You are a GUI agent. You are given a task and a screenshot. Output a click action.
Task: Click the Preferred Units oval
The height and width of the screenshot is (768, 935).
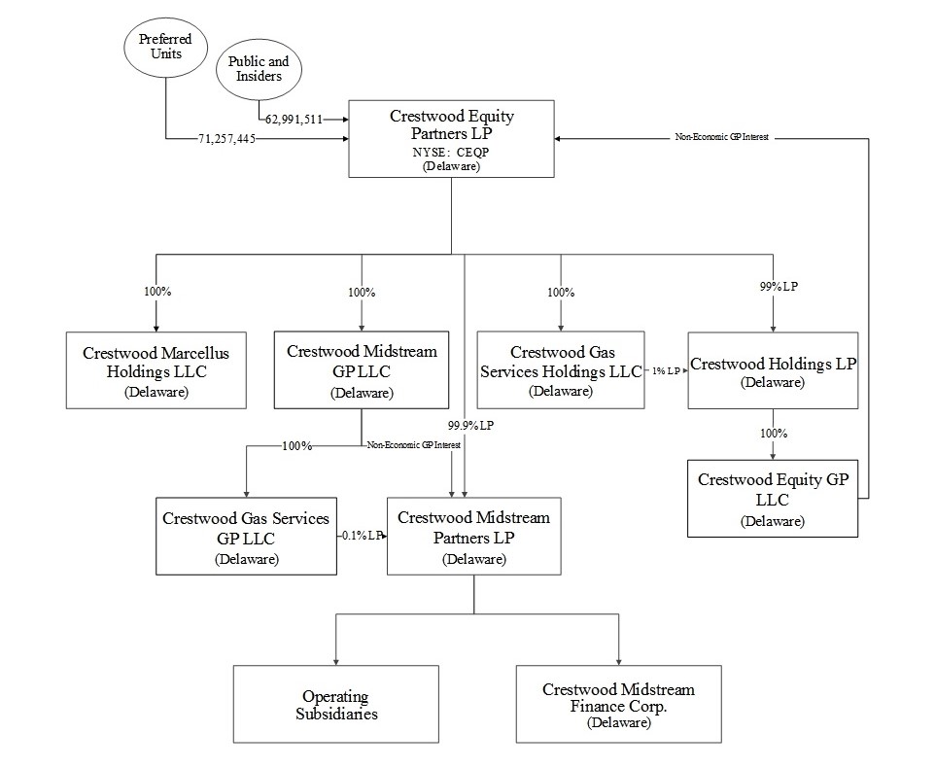coord(165,47)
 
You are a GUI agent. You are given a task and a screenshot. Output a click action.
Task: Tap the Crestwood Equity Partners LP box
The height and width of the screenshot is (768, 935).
coord(451,138)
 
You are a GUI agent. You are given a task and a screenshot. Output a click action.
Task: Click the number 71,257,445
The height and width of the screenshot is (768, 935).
coord(226,140)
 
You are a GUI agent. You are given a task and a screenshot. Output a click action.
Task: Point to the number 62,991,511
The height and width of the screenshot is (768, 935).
coord(291,119)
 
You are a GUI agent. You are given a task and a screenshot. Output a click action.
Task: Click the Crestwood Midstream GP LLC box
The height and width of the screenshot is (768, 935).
coord(362,369)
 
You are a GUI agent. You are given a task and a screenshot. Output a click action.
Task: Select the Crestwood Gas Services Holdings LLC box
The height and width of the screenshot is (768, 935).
coord(562,369)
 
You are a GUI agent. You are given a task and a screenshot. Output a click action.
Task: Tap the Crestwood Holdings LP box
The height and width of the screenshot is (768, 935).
coord(773,369)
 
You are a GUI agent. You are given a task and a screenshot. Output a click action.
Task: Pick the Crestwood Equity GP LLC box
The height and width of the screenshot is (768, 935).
coord(773,498)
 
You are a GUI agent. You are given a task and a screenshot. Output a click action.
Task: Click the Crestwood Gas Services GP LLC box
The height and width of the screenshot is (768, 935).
coord(246,537)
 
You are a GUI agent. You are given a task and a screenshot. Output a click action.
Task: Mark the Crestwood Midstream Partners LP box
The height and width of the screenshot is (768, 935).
coord(473,537)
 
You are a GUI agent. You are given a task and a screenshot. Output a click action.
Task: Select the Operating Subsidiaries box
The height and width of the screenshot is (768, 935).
coord(336,704)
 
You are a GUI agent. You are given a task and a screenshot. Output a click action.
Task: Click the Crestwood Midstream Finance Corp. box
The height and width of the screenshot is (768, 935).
coord(618,704)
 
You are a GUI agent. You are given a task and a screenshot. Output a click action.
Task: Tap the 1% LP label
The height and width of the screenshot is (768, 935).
coord(666,371)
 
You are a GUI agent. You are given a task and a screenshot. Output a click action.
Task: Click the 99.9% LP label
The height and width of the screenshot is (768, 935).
coord(470,425)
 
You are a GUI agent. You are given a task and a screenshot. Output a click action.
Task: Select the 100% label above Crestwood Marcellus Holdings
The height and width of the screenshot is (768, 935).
coord(156,292)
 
